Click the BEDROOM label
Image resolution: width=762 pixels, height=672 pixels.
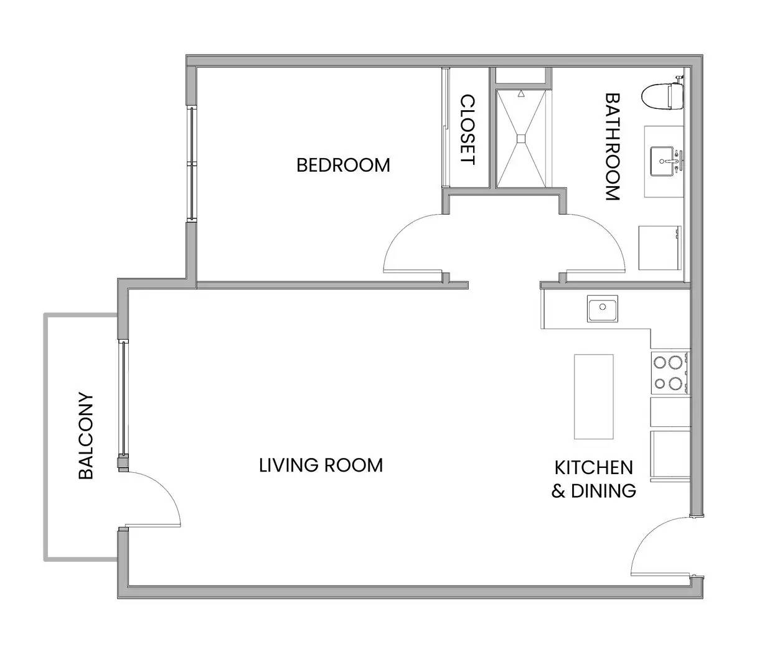pos(342,165)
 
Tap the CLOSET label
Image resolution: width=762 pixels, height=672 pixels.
pos(468,129)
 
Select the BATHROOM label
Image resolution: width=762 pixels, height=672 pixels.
pos(613,147)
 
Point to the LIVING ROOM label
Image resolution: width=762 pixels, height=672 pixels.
pos(321,465)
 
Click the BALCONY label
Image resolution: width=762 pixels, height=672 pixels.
pos(86,436)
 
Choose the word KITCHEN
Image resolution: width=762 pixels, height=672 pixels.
pos(594,467)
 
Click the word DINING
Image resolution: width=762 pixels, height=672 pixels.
pos(603,491)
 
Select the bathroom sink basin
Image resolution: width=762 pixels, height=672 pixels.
pos(663,161)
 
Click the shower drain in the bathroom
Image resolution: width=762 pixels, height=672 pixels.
pos(521,139)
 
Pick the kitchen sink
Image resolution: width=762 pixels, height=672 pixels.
pos(602,309)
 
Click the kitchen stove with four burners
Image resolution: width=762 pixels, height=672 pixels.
pos(670,373)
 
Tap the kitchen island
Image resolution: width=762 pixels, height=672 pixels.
pos(593,396)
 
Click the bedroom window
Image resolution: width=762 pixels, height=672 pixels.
pos(192,164)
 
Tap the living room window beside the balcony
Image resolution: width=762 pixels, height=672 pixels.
pos(123,398)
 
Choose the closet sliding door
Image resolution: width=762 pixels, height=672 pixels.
pos(445,127)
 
